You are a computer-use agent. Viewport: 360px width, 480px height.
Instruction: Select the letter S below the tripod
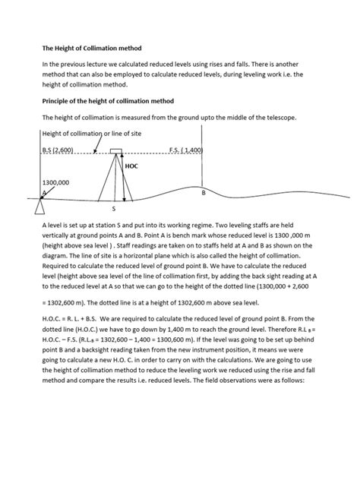113,207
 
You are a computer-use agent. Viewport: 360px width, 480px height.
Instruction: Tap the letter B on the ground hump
203,194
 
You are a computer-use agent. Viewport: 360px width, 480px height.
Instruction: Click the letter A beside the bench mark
45,193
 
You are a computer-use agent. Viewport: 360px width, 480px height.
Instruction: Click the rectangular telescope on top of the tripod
117,151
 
